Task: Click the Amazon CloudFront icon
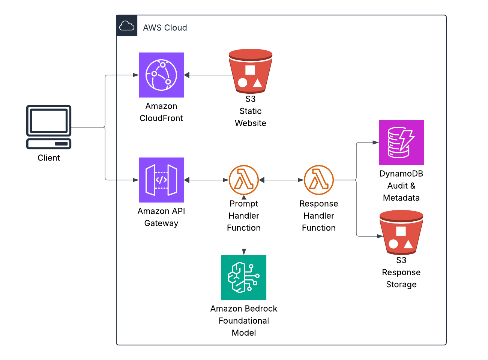pyautogui.click(x=161, y=75)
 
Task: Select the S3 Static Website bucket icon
pyautogui.click(x=251, y=71)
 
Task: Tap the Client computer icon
pyautogui.click(x=49, y=127)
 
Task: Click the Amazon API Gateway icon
pyautogui.click(x=161, y=180)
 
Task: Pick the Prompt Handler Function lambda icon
pyautogui.click(x=244, y=180)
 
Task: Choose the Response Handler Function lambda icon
pyautogui.click(x=319, y=180)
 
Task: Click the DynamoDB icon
pyautogui.click(x=401, y=142)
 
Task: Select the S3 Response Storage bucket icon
pyautogui.click(x=401, y=232)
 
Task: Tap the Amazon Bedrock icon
pyautogui.click(x=244, y=277)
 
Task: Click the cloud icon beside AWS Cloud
pyautogui.click(x=127, y=26)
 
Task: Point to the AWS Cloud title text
pyautogui.click(x=165, y=28)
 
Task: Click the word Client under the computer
pyautogui.click(x=49, y=158)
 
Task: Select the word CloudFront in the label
pyautogui.click(x=161, y=118)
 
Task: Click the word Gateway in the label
pyautogui.click(x=161, y=223)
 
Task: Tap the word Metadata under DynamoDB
pyautogui.click(x=401, y=198)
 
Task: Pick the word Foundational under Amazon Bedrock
pyautogui.click(x=244, y=321)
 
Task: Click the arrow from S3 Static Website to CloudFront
pyautogui.click(x=208, y=75)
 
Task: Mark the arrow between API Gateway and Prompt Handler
pyautogui.click(x=206, y=180)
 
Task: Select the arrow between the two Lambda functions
pyautogui.click(x=281, y=180)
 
